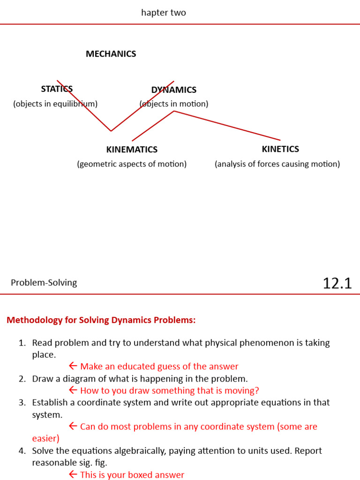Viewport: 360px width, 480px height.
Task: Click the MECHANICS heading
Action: [111, 54]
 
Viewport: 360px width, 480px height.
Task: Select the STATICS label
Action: [57, 89]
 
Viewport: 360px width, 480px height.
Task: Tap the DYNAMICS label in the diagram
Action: [173, 90]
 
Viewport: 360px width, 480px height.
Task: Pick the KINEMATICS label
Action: [132, 150]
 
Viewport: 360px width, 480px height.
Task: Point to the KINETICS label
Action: [280, 149]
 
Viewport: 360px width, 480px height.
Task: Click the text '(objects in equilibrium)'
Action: [55, 104]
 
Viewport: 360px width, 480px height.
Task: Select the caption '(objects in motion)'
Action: [174, 104]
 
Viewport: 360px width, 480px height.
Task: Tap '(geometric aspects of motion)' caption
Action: [132, 164]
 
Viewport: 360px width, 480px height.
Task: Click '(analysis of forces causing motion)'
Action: [277, 164]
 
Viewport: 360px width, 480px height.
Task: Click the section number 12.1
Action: [337, 283]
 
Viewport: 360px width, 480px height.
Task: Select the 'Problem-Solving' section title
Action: [44, 283]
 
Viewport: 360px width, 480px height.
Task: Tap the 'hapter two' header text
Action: [164, 13]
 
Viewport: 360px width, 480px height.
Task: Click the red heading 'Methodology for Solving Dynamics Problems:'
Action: [101, 320]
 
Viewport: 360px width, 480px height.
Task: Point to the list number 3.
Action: [22, 403]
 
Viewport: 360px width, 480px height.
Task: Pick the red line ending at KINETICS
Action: [227, 126]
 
